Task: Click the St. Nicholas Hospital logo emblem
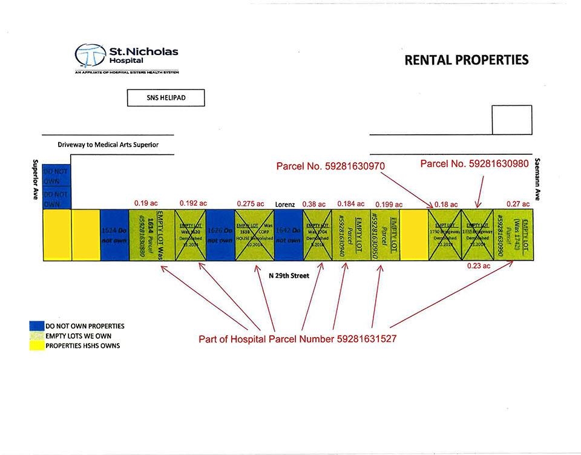point(90,56)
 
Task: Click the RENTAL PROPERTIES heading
point(466,60)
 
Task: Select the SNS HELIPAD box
point(166,98)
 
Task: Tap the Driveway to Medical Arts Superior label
point(108,145)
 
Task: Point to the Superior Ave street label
point(35,179)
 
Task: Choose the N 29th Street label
point(289,276)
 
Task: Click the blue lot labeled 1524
point(114,235)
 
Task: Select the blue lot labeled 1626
point(220,235)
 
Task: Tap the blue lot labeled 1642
point(288,235)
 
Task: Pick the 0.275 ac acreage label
point(252,204)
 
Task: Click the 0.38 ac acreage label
point(313,204)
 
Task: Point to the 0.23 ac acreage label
point(478,266)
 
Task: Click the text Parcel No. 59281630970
point(330,165)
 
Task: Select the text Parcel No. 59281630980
point(475,163)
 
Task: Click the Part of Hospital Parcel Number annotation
point(298,339)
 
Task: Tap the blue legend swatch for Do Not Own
point(37,326)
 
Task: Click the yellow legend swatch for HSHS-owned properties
point(37,345)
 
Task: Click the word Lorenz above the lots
point(285,205)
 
